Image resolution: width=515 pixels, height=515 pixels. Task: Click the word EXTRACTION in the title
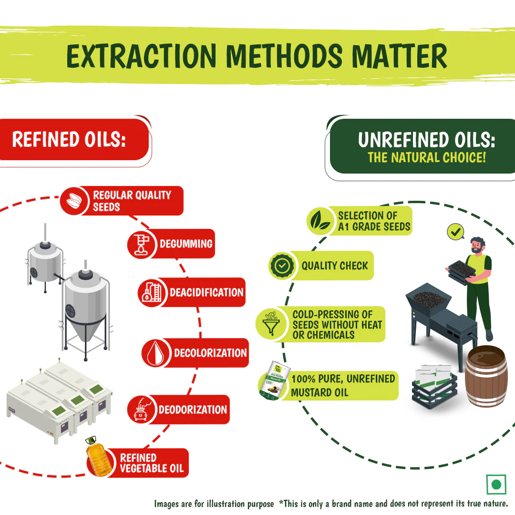click(142, 56)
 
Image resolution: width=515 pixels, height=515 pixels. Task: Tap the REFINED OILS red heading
click(69, 139)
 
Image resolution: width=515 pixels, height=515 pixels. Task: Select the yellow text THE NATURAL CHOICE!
click(427, 157)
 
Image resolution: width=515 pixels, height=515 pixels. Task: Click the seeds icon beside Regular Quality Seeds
click(74, 201)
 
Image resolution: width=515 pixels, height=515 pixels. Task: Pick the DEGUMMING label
click(186, 244)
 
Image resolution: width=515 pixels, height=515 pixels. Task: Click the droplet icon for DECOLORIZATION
click(155, 353)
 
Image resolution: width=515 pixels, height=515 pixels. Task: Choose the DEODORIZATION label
click(193, 410)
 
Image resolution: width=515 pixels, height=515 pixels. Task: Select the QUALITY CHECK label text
click(335, 266)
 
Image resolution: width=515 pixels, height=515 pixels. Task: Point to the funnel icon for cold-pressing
click(271, 324)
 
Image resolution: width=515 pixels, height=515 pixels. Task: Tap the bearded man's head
click(477, 245)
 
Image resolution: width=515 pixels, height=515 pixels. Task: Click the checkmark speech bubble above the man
click(455, 232)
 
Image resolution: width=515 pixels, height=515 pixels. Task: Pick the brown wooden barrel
click(486, 376)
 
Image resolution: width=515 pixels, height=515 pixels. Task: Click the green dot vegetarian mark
click(496, 484)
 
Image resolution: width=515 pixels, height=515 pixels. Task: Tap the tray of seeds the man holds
click(462, 271)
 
